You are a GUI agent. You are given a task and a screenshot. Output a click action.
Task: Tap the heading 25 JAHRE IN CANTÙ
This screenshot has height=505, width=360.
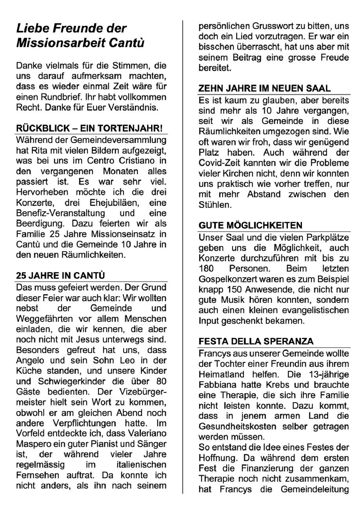pyautogui.click(x=61, y=275)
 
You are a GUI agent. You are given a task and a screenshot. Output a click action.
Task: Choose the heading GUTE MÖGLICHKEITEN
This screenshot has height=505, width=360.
pyautogui.click(x=250, y=225)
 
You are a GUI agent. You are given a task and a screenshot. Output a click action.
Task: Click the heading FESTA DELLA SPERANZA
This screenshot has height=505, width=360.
pyautogui.click(x=256, y=341)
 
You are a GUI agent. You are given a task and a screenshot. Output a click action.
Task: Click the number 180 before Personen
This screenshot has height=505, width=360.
pyautogui.click(x=206, y=269)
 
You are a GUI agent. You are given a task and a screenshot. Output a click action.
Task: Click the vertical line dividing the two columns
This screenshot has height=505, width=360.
pyautogui.click(x=183, y=256)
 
